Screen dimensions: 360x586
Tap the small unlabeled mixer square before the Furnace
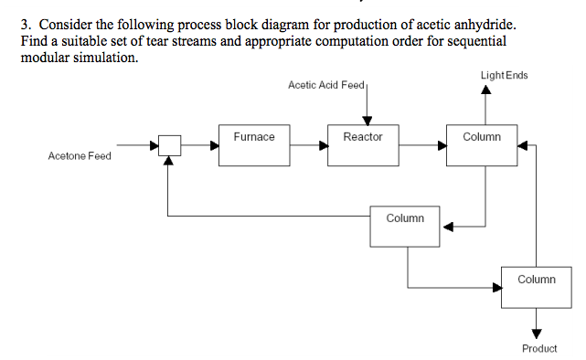(167, 144)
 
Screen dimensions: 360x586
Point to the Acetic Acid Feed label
(326, 85)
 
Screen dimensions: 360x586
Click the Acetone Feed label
(80, 156)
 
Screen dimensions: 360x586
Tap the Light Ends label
(504, 75)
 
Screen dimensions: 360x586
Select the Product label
(539, 348)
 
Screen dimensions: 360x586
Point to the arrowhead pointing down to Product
(537, 332)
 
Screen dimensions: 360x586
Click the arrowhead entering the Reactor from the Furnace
(323, 144)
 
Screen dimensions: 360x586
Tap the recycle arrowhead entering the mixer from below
(167, 161)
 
